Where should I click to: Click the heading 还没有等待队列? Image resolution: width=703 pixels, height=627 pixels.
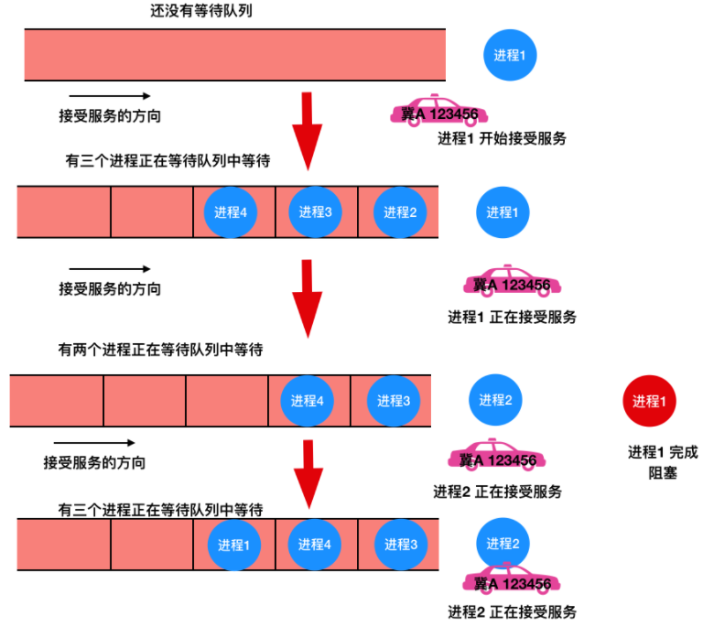click(200, 12)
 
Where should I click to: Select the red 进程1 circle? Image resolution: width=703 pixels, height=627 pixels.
click(649, 401)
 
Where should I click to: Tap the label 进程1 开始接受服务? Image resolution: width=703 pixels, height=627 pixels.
click(502, 139)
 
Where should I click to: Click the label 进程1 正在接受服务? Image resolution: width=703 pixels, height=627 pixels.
click(512, 317)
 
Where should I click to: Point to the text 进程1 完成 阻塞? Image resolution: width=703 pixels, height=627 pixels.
click(661, 462)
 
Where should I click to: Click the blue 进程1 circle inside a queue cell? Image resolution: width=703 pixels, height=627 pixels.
click(233, 545)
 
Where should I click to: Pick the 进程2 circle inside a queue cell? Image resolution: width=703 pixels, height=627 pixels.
click(400, 212)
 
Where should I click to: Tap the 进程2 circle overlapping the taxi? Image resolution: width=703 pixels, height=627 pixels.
click(502, 544)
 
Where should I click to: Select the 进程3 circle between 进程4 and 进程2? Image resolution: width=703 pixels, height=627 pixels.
click(316, 212)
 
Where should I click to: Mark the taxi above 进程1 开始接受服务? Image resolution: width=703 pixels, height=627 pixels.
click(438, 112)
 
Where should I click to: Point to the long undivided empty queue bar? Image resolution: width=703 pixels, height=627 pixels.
click(234, 55)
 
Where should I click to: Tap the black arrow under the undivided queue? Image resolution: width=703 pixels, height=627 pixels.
click(110, 96)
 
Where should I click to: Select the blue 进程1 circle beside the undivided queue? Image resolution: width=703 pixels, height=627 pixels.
click(510, 55)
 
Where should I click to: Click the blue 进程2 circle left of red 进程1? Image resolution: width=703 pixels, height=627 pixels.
click(494, 400)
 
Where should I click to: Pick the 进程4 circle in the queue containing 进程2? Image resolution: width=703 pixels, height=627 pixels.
click(232, 212)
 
